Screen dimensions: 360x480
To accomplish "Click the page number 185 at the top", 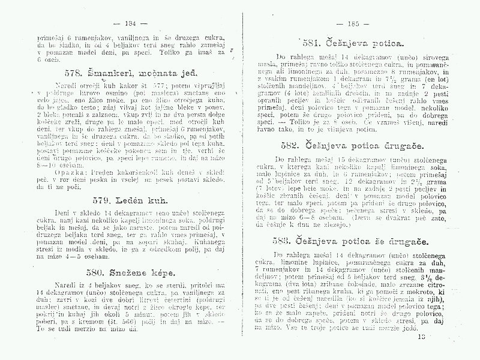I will coord(349,24).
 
